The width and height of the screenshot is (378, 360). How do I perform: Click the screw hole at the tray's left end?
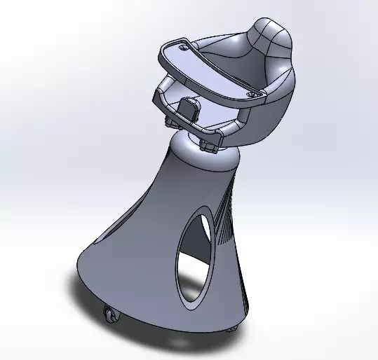(x=184, y=48)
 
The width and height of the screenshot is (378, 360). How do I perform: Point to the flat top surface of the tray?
(x=210, y=70)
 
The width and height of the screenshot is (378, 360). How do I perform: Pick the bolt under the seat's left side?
(x=170, y=123)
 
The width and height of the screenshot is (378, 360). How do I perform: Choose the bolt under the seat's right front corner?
(x=208, y=145)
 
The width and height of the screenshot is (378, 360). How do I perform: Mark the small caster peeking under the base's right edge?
(x=232, y=326)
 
